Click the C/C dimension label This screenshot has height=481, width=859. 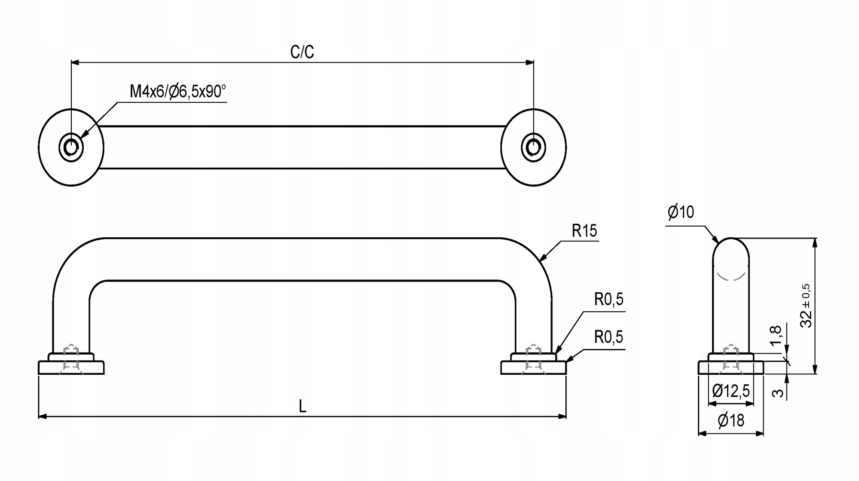tap(302, 52)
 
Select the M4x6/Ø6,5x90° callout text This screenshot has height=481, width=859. tap(178, 92)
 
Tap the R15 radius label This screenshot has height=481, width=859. tap(584, 231)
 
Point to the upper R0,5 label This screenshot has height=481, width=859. tap(609, 299)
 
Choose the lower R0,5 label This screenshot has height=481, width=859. tap(609, 337)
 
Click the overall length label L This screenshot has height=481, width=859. tap(303, 406)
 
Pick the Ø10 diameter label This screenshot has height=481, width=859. tap(681, 212)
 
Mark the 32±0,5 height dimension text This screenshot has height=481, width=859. tap(807, 306)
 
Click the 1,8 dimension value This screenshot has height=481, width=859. tap(776, 335)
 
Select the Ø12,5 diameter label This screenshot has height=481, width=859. tap(731, 391)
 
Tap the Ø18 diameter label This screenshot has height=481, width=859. tap(731, 420)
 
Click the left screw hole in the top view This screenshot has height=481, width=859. tap(71, 147)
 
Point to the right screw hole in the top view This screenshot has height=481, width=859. tap(533, 147)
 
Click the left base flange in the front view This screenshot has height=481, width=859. tap(71, 368)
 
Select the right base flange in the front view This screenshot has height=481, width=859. tap(533, 368)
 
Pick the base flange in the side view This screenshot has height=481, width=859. tap(731, 368)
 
